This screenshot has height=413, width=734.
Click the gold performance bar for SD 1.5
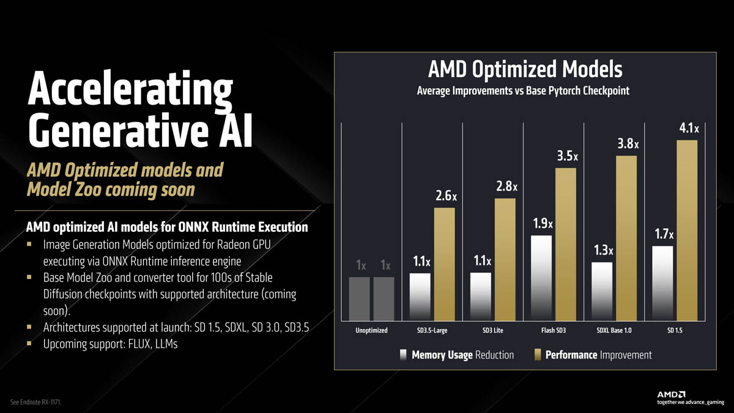(x=688, y=229)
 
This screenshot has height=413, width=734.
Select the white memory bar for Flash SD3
(x=541, y=277)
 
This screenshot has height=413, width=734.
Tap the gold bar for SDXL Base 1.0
(x=626, y=237)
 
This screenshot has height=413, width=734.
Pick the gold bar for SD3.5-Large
(x=445, y=263)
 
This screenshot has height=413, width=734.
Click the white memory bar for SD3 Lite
(x=480, y=296)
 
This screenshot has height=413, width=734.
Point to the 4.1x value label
(x=689, y=129)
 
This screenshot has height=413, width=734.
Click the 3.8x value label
(x=628, y=144)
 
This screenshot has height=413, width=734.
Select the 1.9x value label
(x=543, y=224)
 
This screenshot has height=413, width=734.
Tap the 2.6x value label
(x=446, y=196)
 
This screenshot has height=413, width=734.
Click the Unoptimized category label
(x=371, y=330)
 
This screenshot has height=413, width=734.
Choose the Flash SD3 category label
(x=554, y=330)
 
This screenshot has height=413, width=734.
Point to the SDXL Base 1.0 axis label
(x=614, y=330)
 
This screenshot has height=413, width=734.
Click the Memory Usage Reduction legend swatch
(x=403, y=355)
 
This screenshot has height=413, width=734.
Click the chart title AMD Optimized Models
(x=524, y=69)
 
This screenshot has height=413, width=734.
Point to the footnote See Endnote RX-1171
(x=36, y=402)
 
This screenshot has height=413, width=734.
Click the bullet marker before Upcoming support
(x=29, y=344)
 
